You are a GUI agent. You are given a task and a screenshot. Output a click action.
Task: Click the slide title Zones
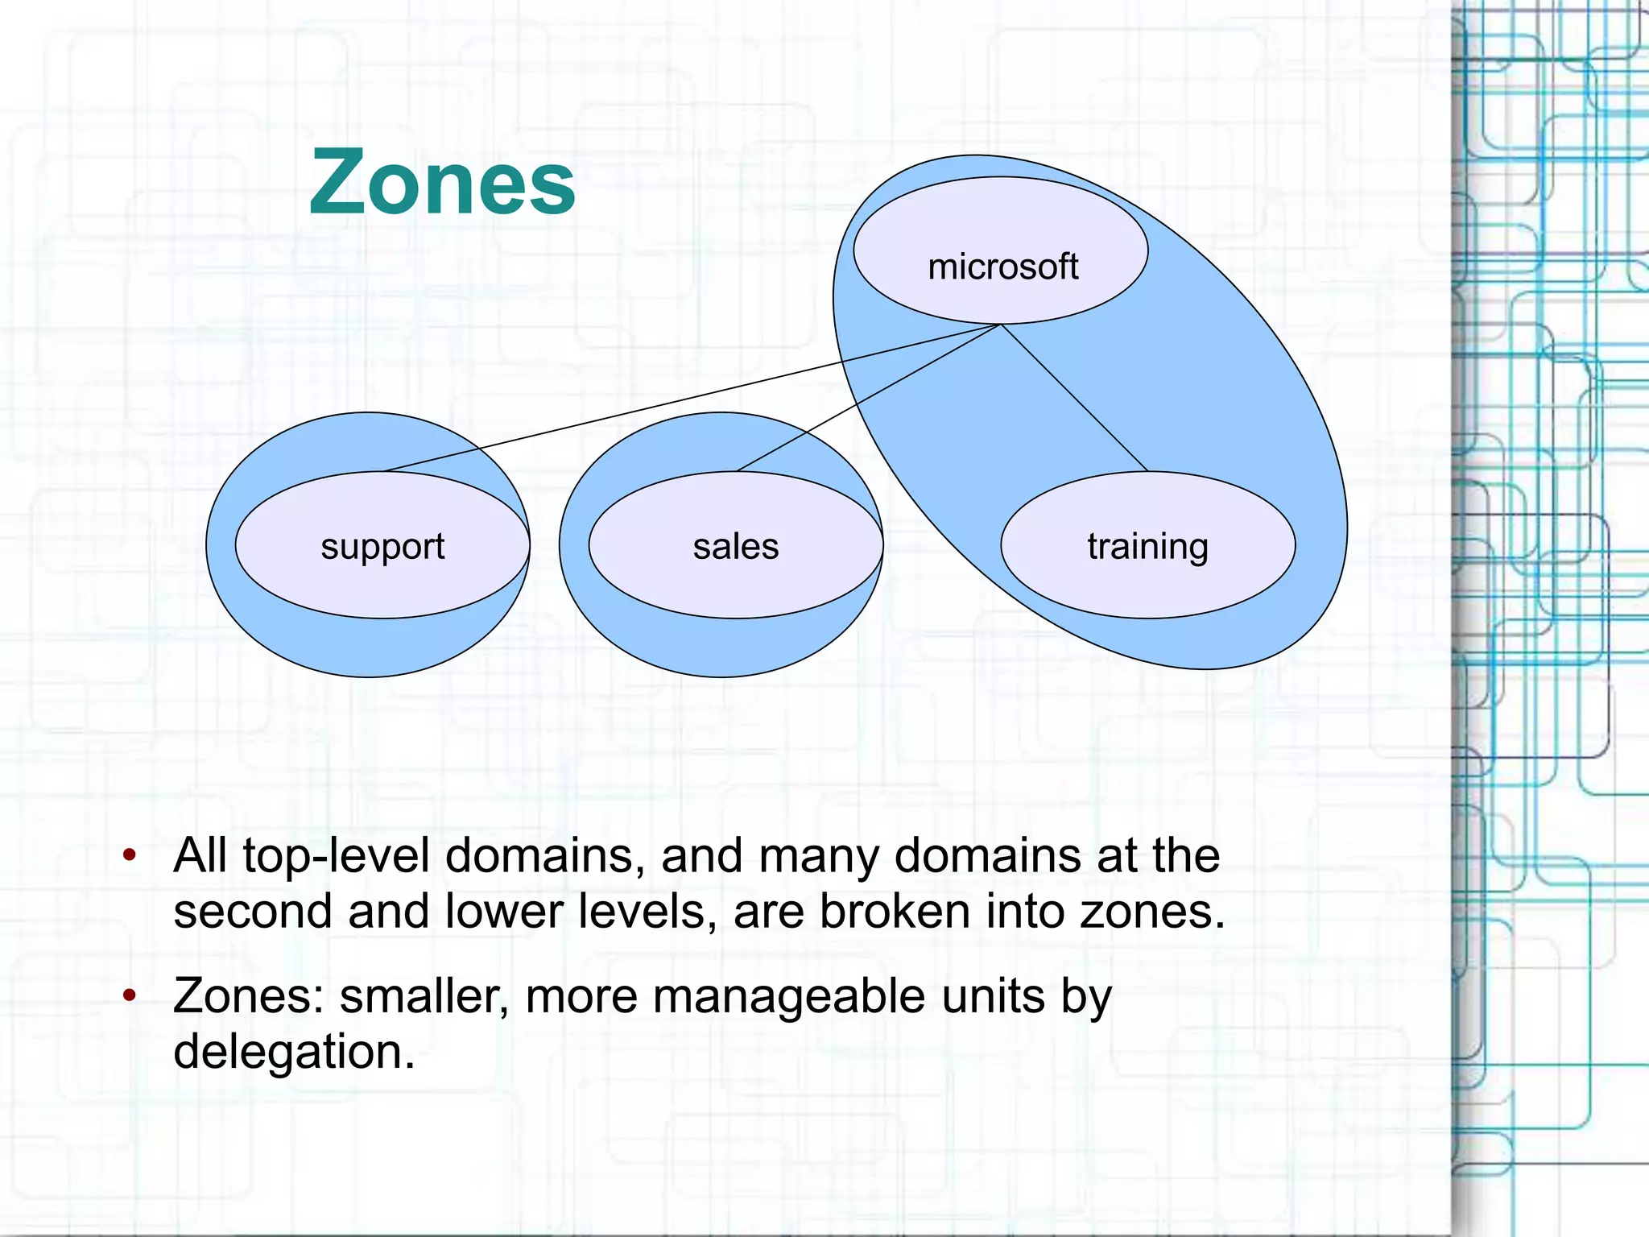pos(442,184)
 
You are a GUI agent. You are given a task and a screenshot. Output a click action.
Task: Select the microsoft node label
pos(1002,267)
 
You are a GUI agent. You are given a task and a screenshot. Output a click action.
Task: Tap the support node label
pos(382,547)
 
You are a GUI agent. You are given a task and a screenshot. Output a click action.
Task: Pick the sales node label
pos(736,547)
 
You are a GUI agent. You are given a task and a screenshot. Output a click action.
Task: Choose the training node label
pos(1147,547)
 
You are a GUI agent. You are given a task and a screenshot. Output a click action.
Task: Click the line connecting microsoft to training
pos(1074,398)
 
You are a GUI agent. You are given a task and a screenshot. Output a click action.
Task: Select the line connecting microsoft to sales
pos(870,397)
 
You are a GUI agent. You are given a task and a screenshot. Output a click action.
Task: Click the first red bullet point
pos(129,854)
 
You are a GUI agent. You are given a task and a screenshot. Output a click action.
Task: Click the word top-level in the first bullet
pos(336,856)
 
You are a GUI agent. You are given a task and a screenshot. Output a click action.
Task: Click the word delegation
pos(294,1052)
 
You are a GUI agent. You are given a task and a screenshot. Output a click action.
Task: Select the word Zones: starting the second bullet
pos(248,997)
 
